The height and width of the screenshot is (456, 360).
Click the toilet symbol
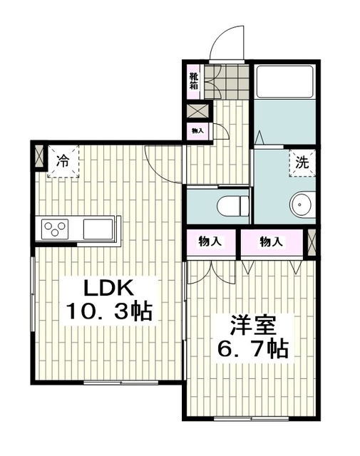(233, 206)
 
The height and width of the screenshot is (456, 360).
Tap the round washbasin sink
(302, 204)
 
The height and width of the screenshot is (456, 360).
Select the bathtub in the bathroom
(285, 82)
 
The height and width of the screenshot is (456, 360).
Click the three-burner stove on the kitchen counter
(55, 229)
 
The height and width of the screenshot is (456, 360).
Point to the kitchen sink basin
(98, 229)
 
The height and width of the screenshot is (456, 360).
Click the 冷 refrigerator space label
(63, 161)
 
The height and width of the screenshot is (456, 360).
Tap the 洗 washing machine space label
(302, 163)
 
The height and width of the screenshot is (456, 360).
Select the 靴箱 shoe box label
(193, 81)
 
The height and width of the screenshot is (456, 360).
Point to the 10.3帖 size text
(110, 311)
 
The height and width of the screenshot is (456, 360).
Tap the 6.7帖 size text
(253, 348)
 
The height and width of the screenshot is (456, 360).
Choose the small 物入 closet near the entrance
(197, 131)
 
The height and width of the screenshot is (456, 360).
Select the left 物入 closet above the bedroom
(211, 242)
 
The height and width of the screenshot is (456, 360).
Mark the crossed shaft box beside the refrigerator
(39, 157)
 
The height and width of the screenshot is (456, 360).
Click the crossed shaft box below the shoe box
(197, 110)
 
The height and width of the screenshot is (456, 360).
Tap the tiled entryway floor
(227, 81)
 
